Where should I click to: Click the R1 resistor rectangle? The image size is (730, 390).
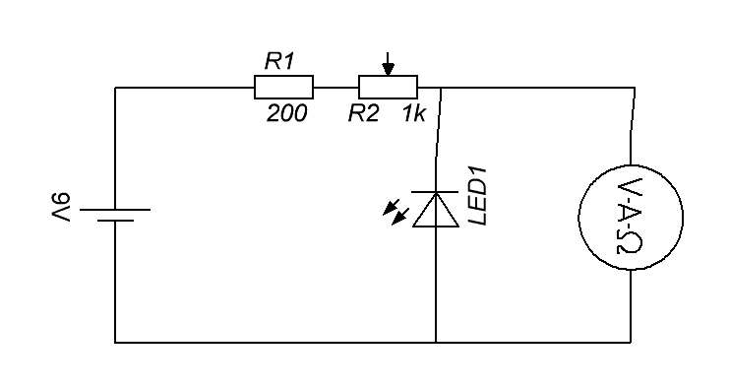point(283,88)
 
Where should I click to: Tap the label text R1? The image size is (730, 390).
point(279,61)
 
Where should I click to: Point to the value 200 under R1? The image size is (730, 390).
point(286,114)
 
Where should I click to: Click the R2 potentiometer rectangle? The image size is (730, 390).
point(387,88)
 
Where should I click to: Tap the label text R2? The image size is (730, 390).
point(363,114)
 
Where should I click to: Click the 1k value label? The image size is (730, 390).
point(413,114)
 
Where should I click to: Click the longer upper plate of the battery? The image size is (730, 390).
point(115,210)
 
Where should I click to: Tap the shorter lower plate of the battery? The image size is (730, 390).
point(115,222)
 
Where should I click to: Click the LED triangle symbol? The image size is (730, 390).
point(435,210)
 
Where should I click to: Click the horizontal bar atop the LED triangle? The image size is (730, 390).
point(435,192)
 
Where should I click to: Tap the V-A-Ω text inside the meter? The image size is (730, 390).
point(629,218)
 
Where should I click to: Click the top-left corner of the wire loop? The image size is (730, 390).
point(116,88)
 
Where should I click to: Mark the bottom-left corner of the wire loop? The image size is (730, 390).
point(116,343)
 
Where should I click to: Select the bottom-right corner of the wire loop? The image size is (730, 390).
point(629,343)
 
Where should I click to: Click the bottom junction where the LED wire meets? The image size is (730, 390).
point(435,343)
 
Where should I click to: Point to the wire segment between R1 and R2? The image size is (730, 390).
point(335,88)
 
